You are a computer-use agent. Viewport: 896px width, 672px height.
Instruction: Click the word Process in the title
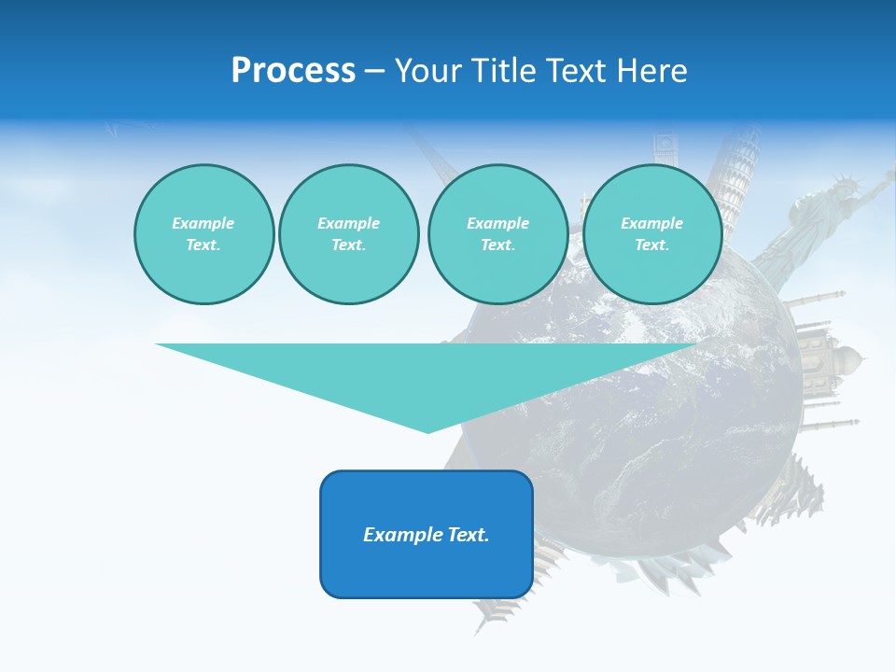pyautogui.click(x=293, y=71)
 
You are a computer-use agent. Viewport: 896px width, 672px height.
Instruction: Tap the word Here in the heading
pyautogui.click(x=651, y=71)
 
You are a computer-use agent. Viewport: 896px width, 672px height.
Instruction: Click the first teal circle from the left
pyautogui.click(x=203, y=234)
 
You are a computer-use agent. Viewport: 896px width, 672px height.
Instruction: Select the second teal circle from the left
pyautogui.click(x=348, y=234)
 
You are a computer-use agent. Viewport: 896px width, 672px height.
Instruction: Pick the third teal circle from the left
pyautogui.click(x=497, y=234)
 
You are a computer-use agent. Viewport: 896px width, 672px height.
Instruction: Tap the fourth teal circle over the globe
pyautogui.click(x=651, y=234)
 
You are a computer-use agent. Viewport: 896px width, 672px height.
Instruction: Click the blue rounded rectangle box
pyautogui.click(x=427, y=534)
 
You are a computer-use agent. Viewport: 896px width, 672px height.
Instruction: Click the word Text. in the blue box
pyautogui.click(x=469, y=535)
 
